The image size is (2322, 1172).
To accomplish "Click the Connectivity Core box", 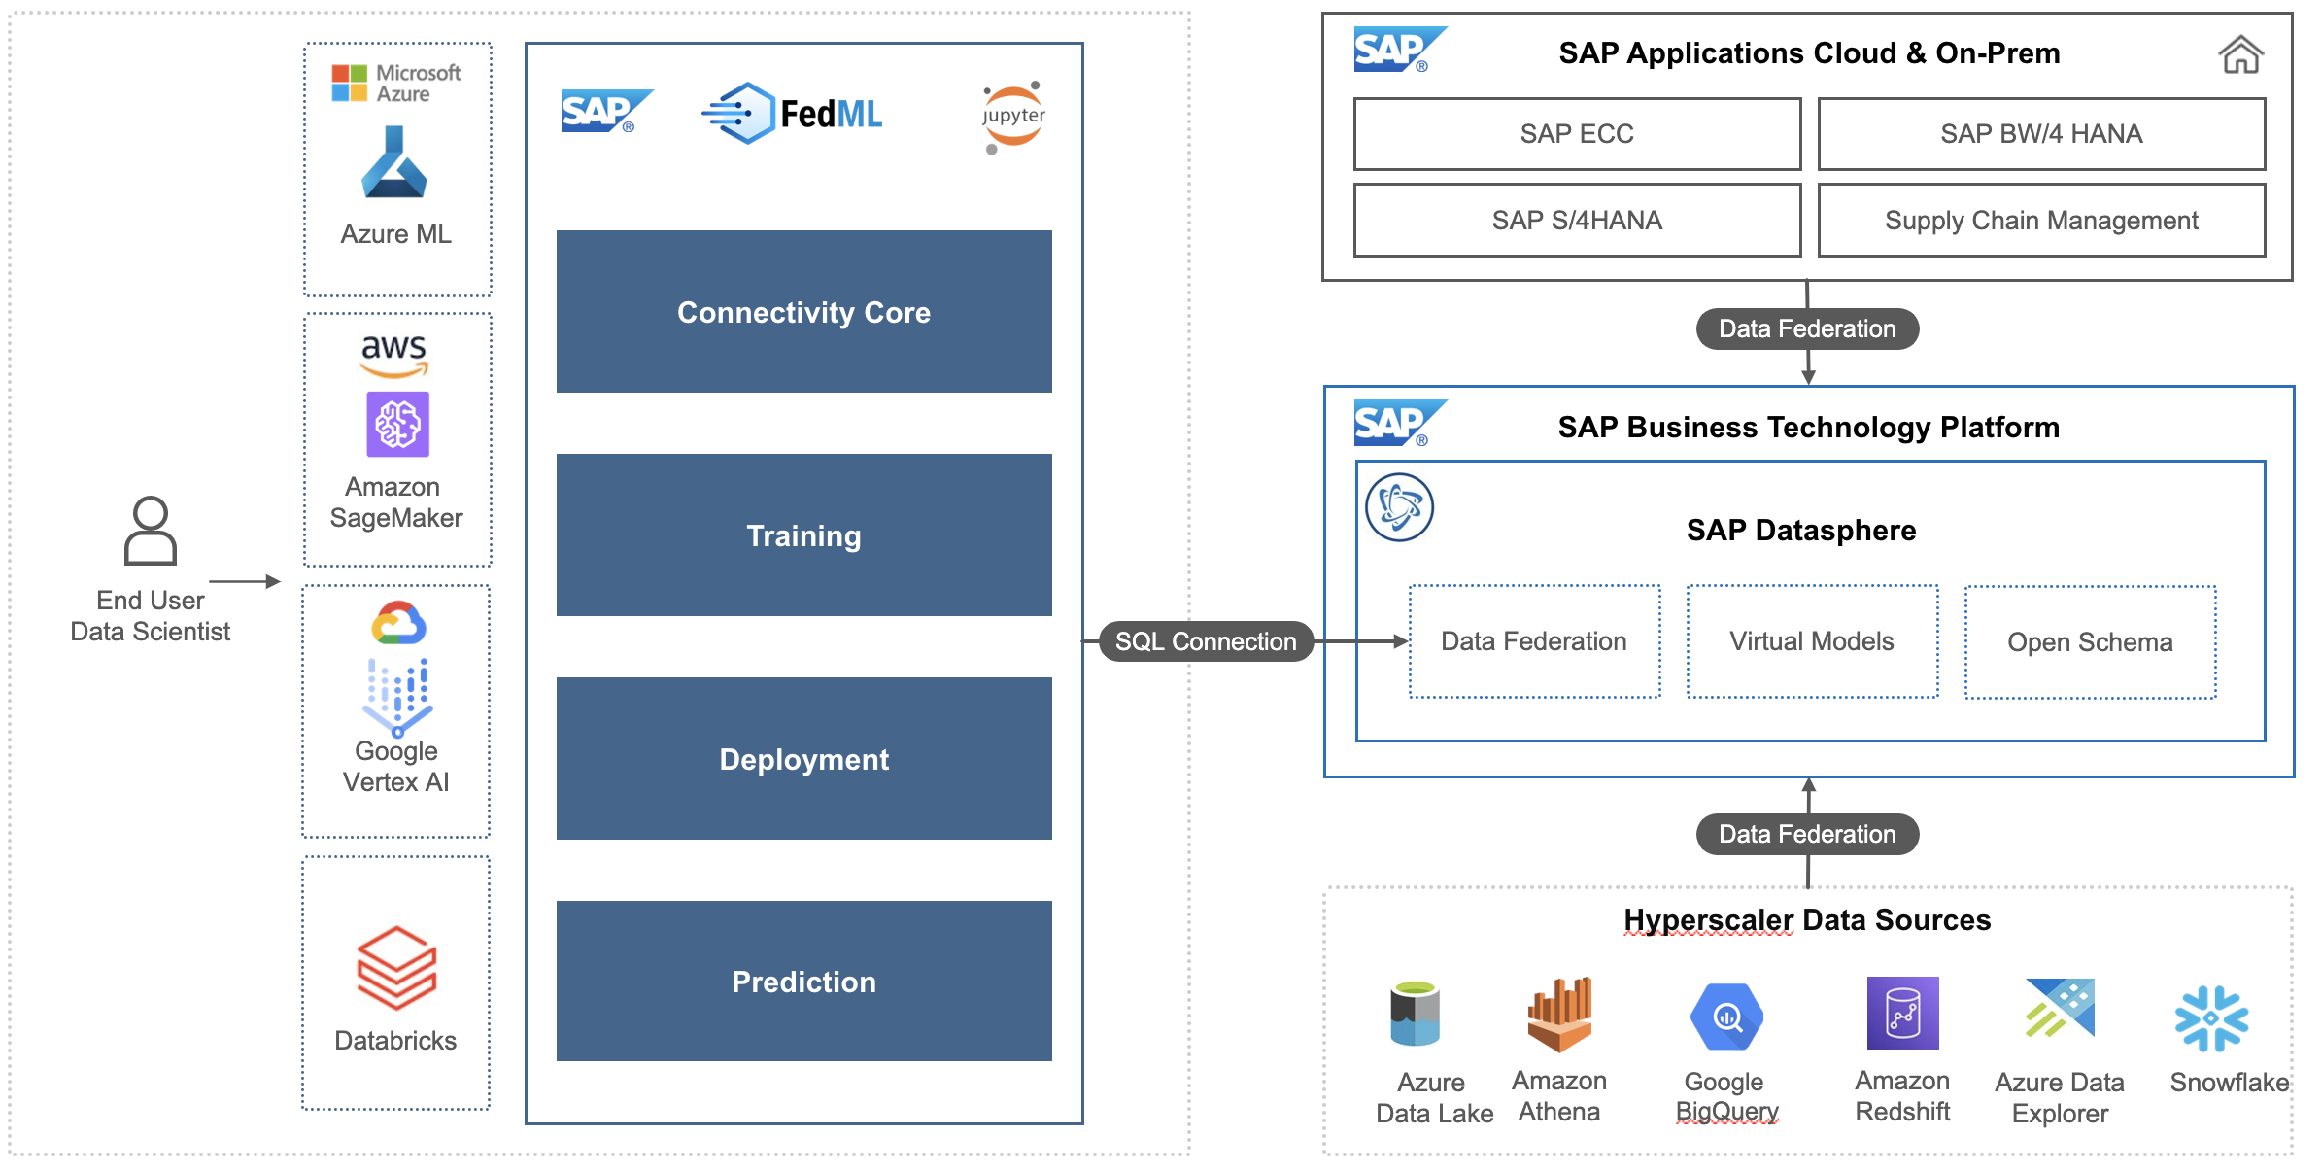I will pos(803,311).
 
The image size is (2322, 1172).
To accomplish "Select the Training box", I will pos(803,534).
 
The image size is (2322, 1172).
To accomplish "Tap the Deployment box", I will pos(803,758).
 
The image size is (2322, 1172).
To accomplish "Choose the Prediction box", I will pos(803,981).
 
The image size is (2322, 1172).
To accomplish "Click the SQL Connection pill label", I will pos(1206,641).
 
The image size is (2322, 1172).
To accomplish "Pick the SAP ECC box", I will pos(1577,134).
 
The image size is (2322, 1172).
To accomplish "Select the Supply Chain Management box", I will pos(2041,221).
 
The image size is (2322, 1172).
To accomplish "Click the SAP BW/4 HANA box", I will pos(2041,134).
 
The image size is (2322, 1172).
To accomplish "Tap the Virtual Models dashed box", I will pos(1812,641).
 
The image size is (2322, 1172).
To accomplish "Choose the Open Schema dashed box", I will pos(2090,641).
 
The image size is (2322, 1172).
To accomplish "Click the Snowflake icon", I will pos(2211,1018).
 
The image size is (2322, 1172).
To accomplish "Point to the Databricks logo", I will pos(396,967).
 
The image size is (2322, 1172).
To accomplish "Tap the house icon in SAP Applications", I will pos(2240,54).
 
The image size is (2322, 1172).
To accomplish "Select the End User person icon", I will pos(151,531).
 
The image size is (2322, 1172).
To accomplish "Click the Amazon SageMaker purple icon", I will pos(397,424).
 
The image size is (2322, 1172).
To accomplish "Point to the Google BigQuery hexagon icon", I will pos(1726,1017).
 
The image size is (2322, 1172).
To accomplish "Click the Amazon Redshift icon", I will pos(1902,1013).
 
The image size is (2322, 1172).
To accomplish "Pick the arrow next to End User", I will pos(245,581).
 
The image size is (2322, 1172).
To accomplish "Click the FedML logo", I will pos(792,114).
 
